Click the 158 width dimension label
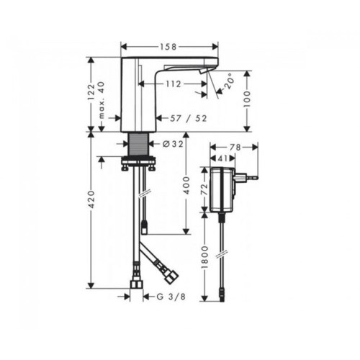[x=168, y=47]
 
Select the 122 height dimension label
[x=91, y=92]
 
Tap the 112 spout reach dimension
[x=173, y=84]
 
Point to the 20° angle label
[x=230, y=83]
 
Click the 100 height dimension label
[x=247, y=99]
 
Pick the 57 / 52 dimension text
[x=189, y=118]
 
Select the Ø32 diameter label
[x=173, y=144]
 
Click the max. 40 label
[x=102, y=101]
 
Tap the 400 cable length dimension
[x=186, y=186]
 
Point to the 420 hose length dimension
[x=91, y=200]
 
